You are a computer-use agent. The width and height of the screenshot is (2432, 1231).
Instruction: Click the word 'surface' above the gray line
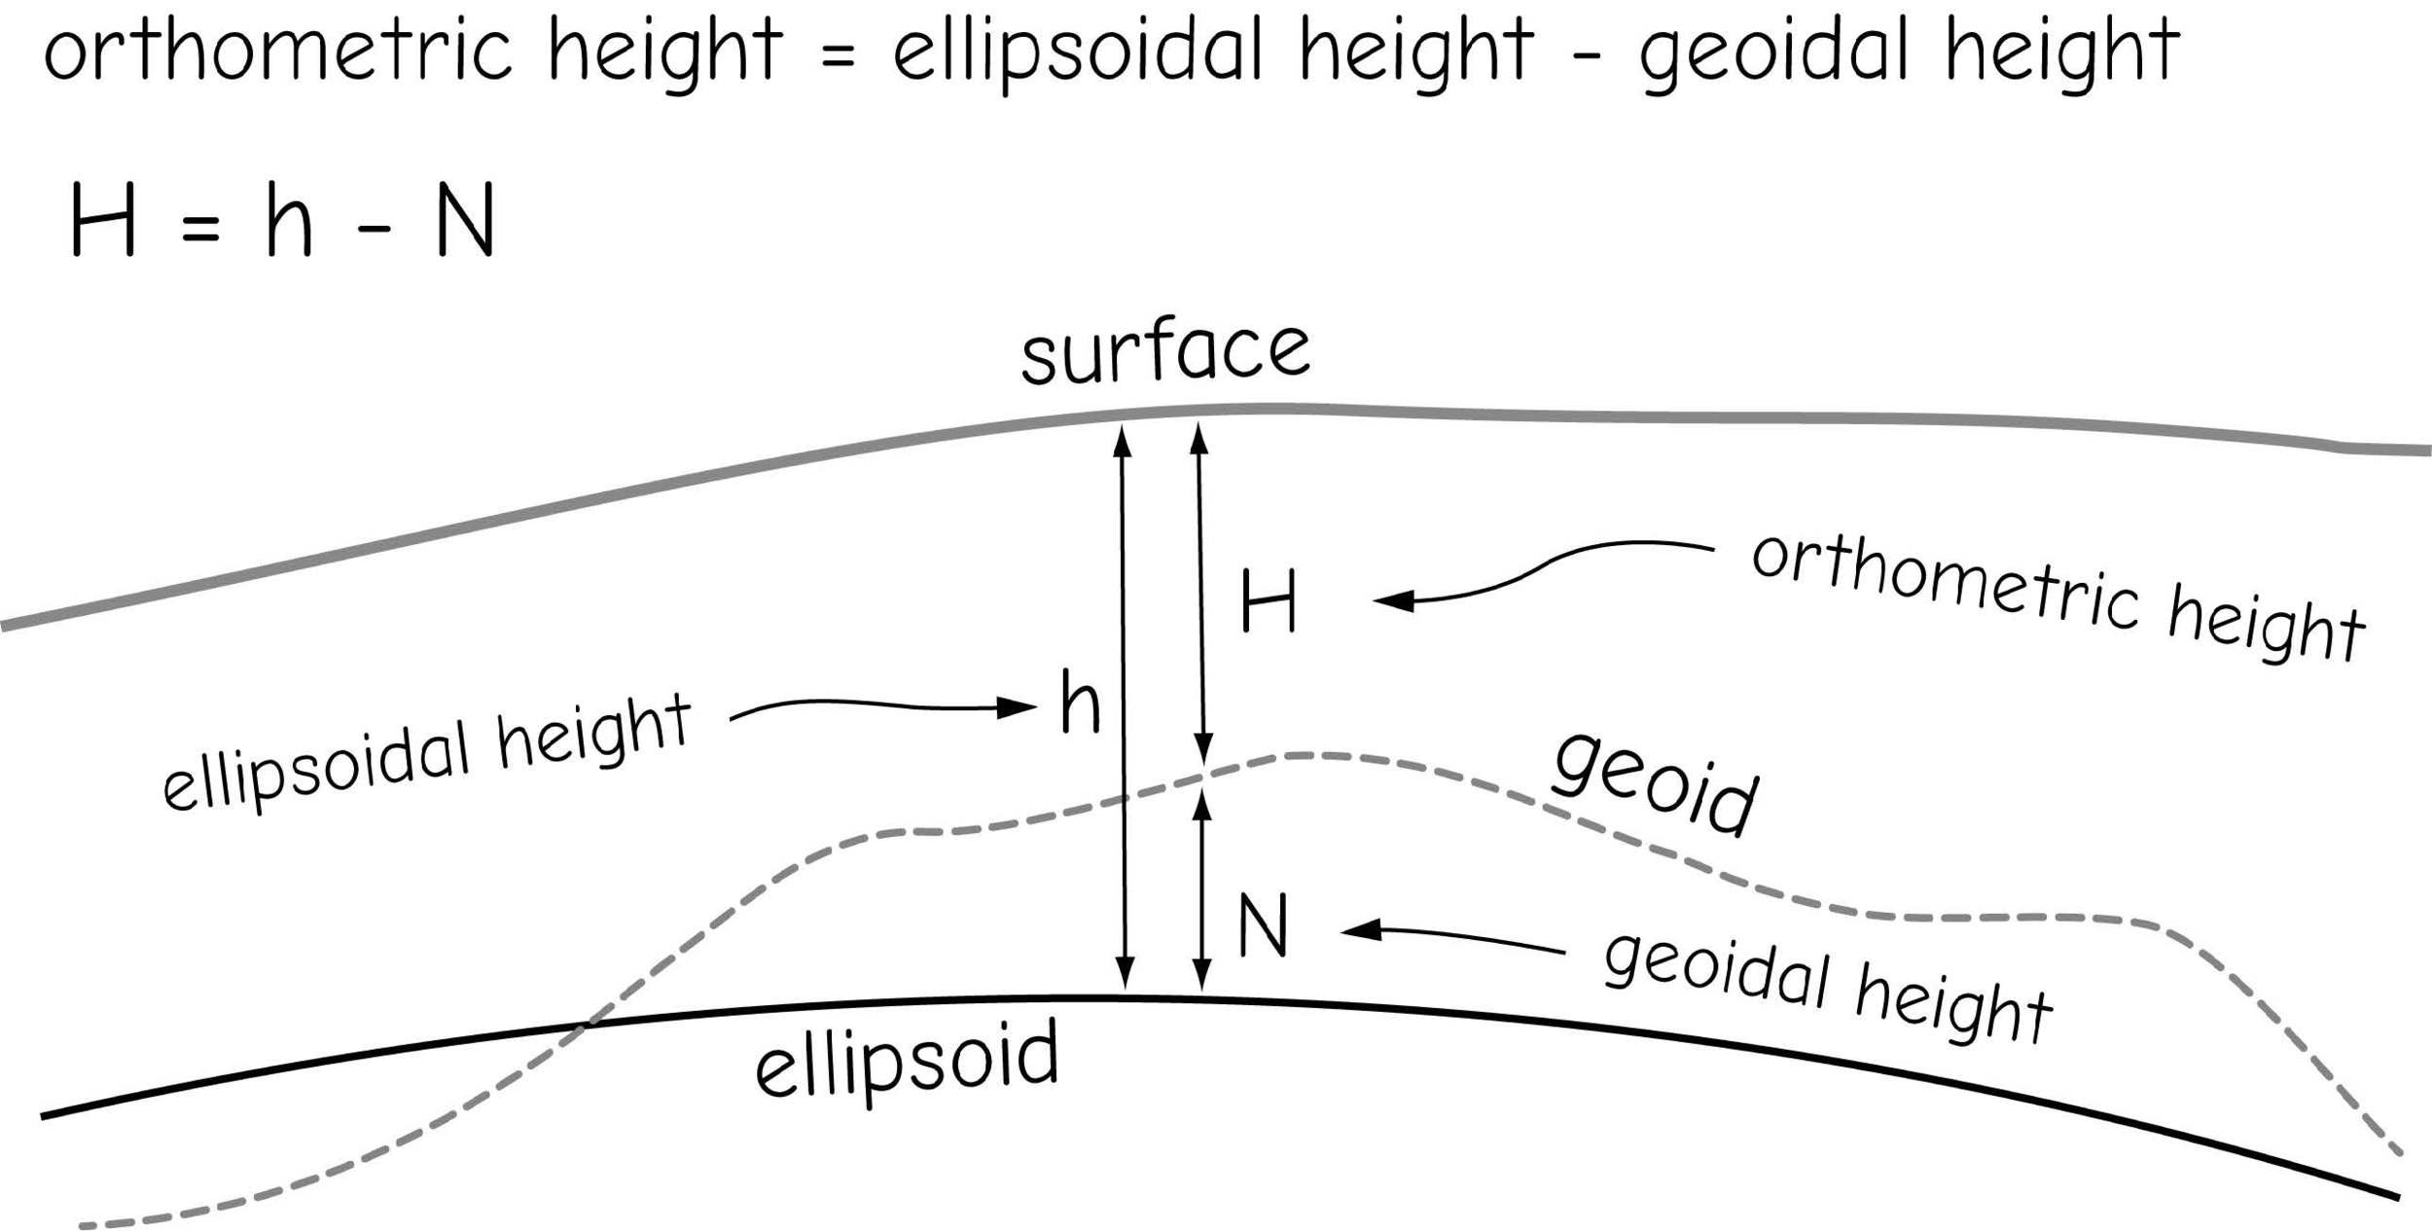1164,351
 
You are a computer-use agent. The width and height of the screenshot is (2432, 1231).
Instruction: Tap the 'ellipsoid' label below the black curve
907,1061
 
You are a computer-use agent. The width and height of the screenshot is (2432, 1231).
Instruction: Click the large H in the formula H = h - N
103,221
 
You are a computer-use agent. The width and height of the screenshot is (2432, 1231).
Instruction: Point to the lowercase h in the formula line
289,221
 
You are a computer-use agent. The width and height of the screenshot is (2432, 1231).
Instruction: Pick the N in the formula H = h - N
466,221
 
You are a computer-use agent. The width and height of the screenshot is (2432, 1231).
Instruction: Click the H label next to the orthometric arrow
1269,602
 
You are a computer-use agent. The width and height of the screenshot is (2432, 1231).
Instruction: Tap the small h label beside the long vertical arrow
1080,702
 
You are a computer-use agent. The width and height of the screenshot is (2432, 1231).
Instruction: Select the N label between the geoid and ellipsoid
1263,925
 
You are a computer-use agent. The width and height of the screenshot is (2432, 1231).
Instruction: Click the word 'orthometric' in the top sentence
278,51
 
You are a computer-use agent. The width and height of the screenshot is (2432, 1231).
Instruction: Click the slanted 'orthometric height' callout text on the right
2057,598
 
